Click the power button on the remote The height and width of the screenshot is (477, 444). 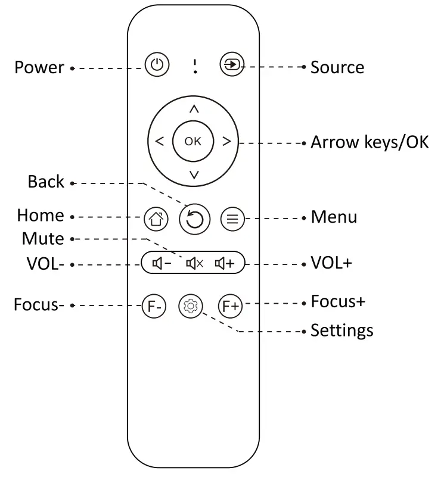pos(157,64)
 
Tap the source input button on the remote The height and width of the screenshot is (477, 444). pos(232,64)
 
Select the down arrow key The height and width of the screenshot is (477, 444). pos(194,174)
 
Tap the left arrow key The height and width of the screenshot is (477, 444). pos(159,142)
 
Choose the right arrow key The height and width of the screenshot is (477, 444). pos(226,142)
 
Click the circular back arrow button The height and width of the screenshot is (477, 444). pos(194,220)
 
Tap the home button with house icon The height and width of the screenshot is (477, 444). pos(156,219)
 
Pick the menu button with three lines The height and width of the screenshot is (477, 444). pos(232,219)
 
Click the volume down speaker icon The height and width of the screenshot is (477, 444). pos(162,263)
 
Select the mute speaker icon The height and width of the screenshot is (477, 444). pos(194,263)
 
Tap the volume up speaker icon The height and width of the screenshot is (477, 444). pos(226,263)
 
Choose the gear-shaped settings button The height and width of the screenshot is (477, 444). pos(191,306)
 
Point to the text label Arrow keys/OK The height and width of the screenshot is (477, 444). pos(370,142)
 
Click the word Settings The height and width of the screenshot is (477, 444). pos(342,330)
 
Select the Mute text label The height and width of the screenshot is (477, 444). pos(43,239)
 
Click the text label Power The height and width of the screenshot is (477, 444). pos(39,67)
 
